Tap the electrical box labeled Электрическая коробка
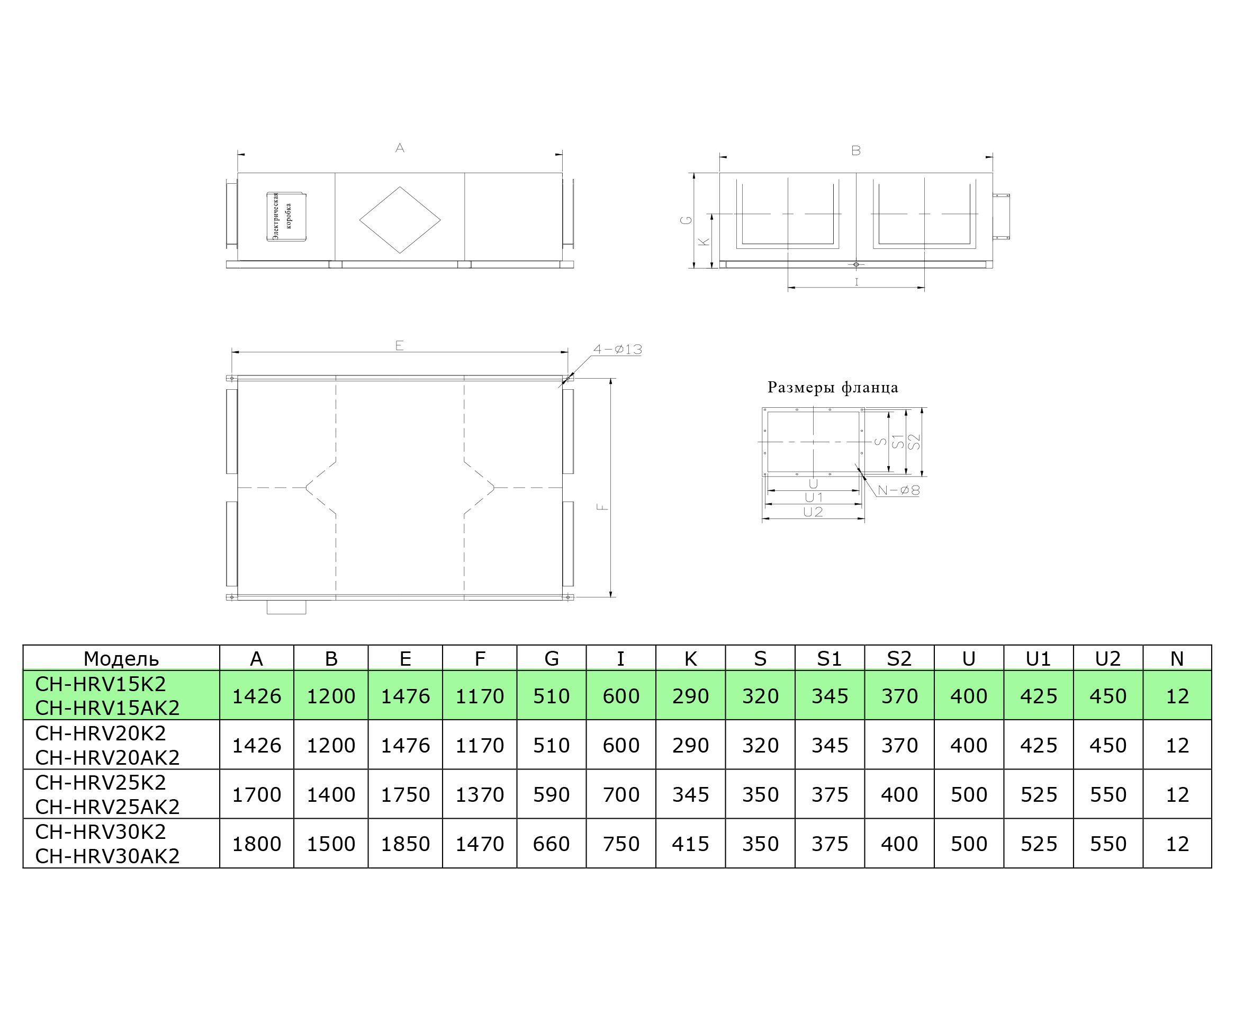click(x=286, y=217)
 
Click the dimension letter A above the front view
click(x=400, y=148)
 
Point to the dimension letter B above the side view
click(x=855, y=150)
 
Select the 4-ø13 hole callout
click(x=617, y=350)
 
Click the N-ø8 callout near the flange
click(x=899, y=490)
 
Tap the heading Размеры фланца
click(x=833, y=388)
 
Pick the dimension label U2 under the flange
click(x=813, y=512)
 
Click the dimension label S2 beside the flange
click(x=914, y=442)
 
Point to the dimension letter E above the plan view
click(x=399, y=345)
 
